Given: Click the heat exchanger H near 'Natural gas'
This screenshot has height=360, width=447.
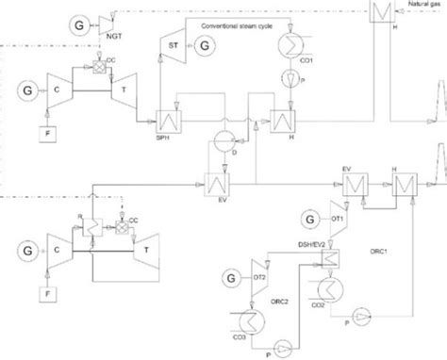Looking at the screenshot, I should pos(382,13).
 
